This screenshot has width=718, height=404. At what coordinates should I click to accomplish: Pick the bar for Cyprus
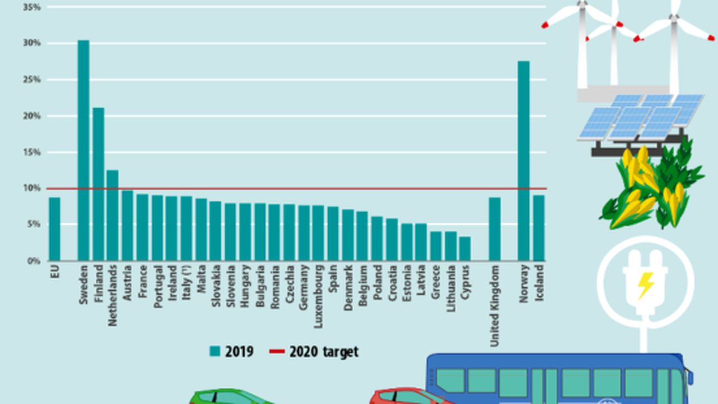point(464,249)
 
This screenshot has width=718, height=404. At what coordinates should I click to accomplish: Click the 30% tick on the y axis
point(32,43)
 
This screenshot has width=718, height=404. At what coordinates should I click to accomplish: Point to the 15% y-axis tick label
point(32,153)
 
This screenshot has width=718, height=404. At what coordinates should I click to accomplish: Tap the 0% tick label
point(33,261)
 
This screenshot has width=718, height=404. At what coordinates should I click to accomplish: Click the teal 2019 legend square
point(215,352)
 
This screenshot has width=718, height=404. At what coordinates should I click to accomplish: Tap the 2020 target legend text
point(324,352)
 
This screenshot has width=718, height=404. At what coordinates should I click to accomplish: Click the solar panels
point(639,118)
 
